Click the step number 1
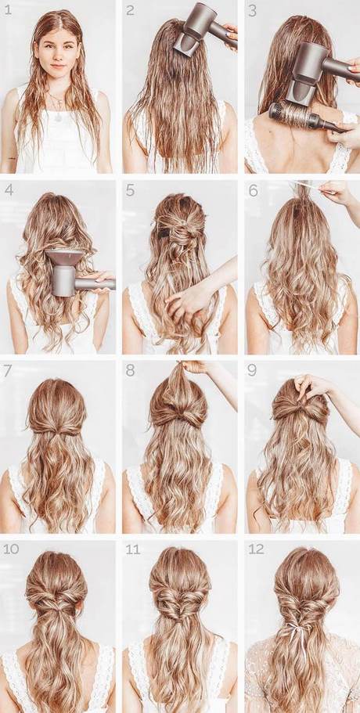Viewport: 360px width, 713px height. [9, 10]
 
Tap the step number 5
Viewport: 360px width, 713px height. [130, 189]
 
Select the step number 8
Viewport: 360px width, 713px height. [130, 369]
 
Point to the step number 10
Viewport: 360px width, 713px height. [11, 549]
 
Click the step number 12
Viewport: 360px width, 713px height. [256, 549]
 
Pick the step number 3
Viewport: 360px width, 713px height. [252, 10]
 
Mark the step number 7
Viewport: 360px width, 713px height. [8, 369]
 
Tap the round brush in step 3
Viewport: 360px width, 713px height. [301, 116]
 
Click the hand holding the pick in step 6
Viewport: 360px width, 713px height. [335, 192]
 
